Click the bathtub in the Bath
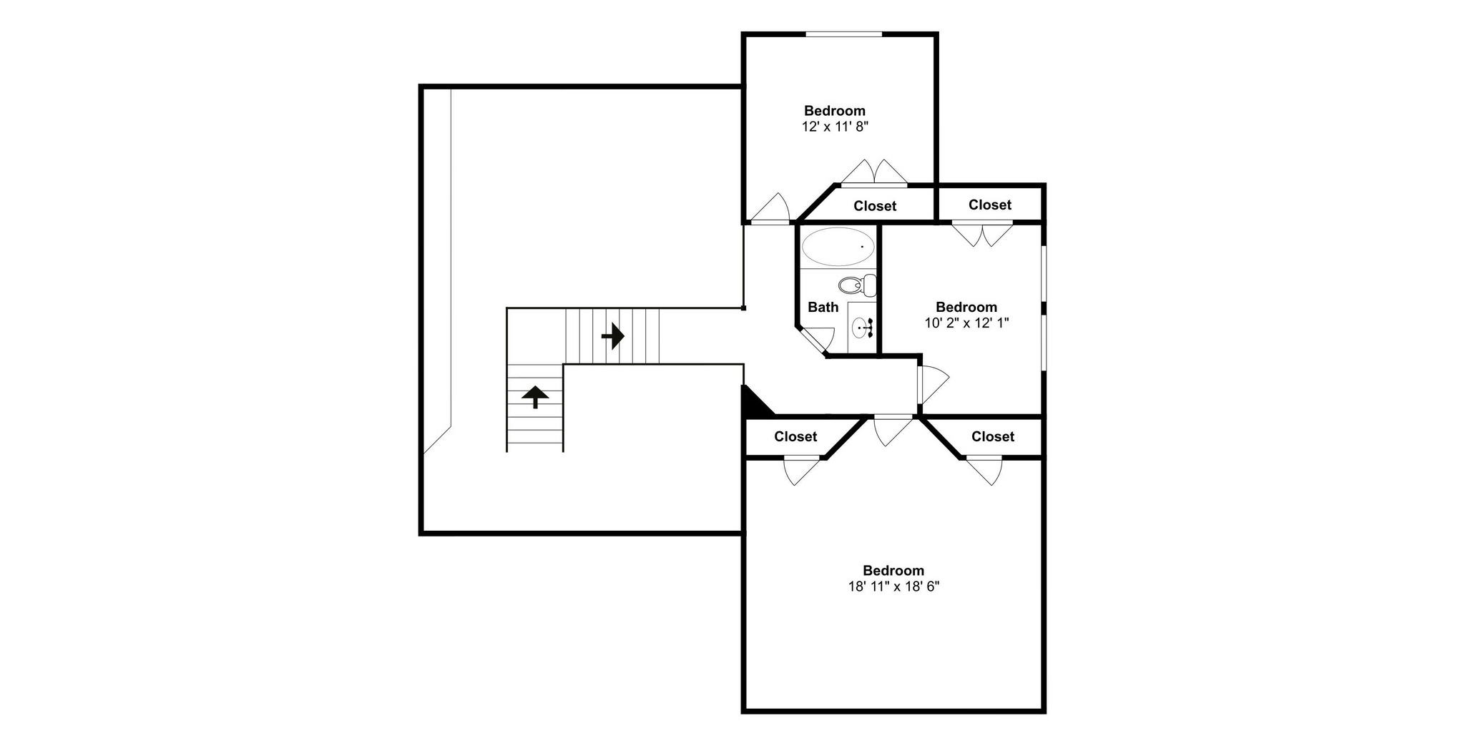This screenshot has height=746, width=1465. [x=838, y=247]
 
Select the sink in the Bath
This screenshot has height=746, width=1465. [x=863, y=328]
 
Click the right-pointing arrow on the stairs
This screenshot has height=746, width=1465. [x=612, y=335]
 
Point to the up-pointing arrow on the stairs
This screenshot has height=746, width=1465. [x=535, y=396]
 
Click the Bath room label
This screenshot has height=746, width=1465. [x=823, y=307]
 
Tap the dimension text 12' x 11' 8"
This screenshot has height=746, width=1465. [x=835, y=127]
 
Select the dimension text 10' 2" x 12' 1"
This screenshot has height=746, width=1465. [x=966, y=323]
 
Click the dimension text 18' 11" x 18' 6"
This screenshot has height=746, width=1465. [x=893, y=587]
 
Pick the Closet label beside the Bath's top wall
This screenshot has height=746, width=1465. [x=875, y=206]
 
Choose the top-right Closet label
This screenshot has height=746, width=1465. [x=990, y=205]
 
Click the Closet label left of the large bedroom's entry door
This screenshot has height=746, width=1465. [x=795, y=436]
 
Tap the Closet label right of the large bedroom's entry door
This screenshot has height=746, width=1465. [x=993, y=436]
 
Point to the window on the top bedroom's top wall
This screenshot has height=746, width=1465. [x=844, y=34]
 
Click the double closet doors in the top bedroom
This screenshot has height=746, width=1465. [x=873, y=172]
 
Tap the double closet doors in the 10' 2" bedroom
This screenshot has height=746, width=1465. [x=982, y=235]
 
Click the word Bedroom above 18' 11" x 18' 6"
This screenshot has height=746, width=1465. [x=893, y=571]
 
